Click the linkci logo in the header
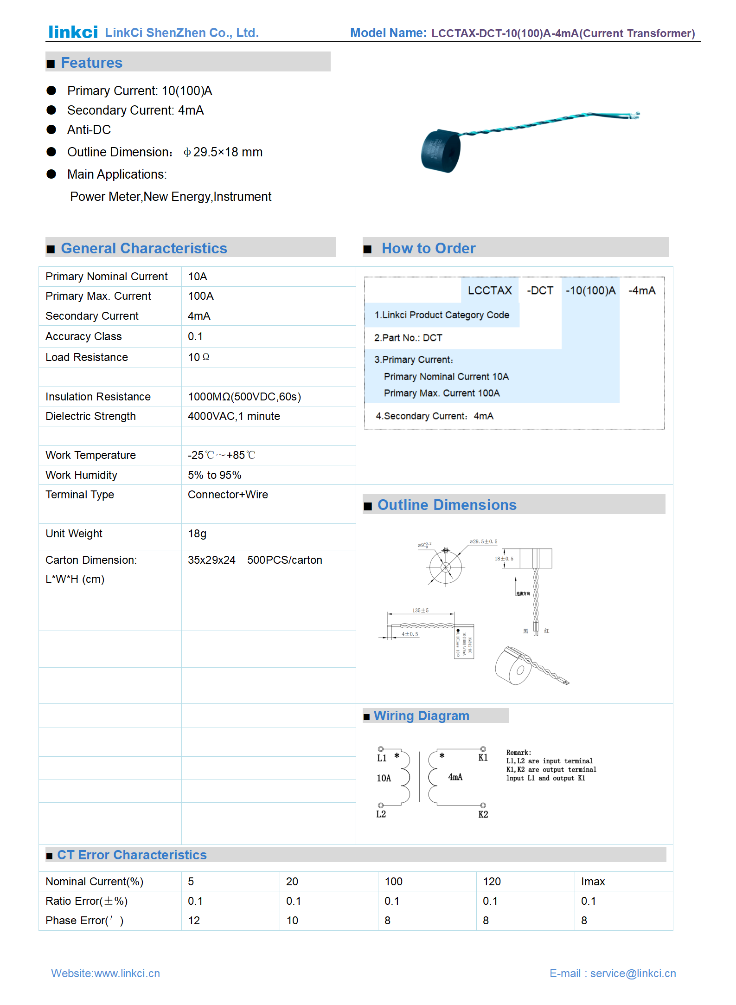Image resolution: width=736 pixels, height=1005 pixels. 73,32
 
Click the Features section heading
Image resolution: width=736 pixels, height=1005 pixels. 91,63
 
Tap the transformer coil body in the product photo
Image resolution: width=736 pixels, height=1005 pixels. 441,151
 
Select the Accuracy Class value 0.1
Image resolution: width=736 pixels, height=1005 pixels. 195,336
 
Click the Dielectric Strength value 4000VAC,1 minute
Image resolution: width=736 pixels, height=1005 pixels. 234,416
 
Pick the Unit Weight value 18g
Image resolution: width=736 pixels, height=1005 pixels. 197,534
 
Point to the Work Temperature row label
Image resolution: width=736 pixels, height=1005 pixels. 90,455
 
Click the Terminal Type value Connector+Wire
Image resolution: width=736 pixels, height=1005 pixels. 228,495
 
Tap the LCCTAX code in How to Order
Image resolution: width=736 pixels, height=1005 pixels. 490,290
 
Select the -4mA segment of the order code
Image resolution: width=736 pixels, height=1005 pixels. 642,290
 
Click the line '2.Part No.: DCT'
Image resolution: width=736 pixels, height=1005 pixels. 408,338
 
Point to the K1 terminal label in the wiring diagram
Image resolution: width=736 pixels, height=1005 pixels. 483,758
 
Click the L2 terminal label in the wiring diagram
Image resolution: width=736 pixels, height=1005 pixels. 381,814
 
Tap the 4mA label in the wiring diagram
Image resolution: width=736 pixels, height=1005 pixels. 455,777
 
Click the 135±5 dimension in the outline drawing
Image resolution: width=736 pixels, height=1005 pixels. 420,610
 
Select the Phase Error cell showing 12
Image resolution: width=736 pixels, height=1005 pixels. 194,921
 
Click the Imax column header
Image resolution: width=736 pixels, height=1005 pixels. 593,882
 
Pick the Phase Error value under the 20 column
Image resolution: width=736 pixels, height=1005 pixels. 292,921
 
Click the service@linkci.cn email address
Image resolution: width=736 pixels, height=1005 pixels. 633,973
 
